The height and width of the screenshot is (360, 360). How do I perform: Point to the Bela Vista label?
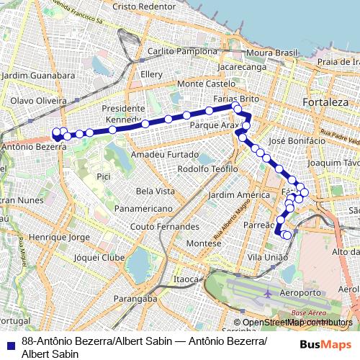156,191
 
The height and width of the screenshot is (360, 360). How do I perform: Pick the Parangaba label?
135,298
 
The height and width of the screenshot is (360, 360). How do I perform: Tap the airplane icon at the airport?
268,294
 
